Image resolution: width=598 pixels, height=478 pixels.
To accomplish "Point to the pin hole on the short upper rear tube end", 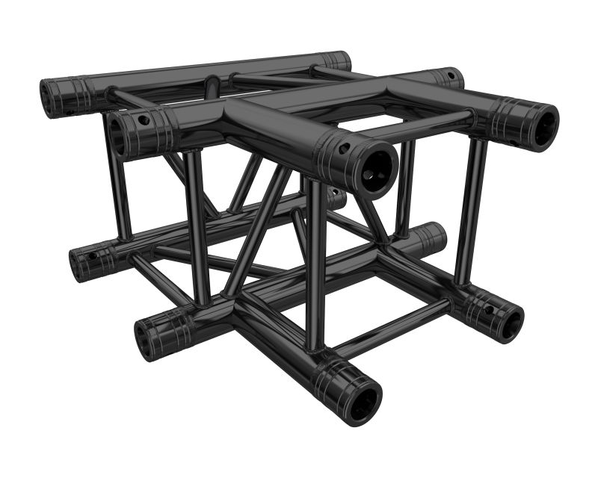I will [451, 75].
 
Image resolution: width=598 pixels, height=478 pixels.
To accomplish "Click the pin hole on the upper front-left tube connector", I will [141, 120].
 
